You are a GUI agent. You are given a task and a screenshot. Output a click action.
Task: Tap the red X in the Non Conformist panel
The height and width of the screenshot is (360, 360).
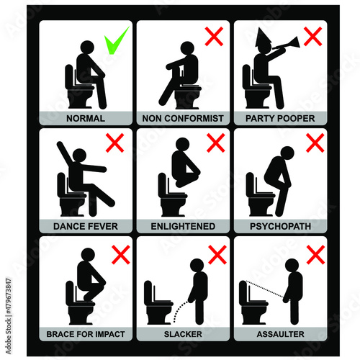coord(214,36)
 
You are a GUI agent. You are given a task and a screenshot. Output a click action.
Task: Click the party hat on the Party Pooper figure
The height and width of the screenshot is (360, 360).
coord(264,38)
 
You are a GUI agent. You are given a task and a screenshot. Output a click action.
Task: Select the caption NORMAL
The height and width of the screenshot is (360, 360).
coord(86,118)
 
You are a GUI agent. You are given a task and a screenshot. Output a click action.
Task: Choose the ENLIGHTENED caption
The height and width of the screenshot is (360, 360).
coord(183,226)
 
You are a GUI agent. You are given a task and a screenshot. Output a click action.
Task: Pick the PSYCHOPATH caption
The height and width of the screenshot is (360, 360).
coord(280,226)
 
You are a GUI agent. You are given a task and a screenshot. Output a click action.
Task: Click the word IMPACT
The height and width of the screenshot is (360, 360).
coord(110,334)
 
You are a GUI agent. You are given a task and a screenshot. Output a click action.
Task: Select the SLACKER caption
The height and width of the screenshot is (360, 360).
coord(183,334)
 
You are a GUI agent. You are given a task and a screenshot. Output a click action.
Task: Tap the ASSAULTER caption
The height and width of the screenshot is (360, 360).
coord(280,334)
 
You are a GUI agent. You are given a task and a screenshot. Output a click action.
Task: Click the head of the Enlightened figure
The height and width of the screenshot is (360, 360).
coord(183,144)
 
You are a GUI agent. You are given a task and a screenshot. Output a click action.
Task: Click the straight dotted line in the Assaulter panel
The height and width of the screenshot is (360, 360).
coord(264,289)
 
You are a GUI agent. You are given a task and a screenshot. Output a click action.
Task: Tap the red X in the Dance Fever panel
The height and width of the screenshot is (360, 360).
coord(114,143)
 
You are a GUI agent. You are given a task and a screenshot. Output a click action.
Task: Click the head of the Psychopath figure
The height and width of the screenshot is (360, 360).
coord(287,153)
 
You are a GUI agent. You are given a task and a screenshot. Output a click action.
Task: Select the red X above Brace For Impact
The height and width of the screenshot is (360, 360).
coord(121,255)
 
